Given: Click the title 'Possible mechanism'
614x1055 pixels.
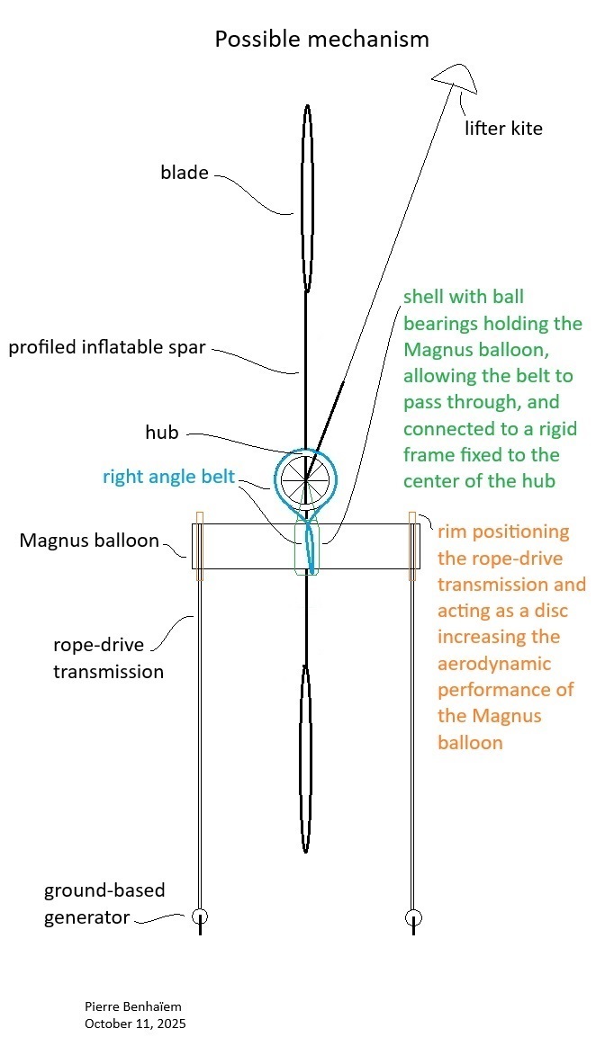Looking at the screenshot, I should [321, 40].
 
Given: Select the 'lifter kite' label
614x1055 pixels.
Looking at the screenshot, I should [503, 128].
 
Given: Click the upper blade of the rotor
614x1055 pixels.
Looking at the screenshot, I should [307, 198].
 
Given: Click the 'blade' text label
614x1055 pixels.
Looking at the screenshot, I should [185, 173].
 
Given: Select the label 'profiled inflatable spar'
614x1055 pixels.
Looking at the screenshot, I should [106, 347].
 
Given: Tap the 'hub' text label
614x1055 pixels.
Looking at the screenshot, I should [162, 433].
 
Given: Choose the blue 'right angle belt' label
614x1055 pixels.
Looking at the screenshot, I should [168, 477].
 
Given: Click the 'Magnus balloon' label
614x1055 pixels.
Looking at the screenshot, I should [89, 541].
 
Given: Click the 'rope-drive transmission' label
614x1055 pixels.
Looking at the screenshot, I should [109, 657].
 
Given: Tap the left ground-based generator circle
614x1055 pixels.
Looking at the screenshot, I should [200, 917].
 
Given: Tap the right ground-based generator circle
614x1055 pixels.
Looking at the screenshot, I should [413, 917].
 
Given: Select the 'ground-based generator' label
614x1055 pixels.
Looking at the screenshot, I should [104, 904].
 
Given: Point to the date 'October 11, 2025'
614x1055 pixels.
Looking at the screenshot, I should [135, 1024].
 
